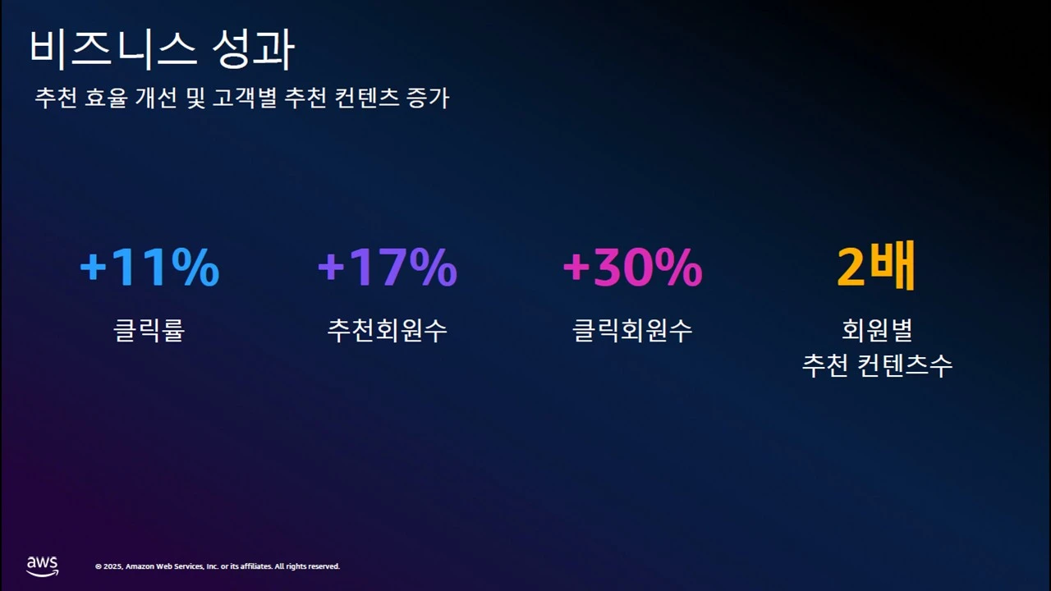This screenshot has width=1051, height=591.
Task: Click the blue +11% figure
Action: click(149, 268)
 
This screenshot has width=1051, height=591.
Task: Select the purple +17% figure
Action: click(387, 268)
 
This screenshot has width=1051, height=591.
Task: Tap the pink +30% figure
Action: click(632, 268)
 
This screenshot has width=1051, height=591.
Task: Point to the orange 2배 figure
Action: click(876, 268)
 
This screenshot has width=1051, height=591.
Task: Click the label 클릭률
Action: click(149, 330)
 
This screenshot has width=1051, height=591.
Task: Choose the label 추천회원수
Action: click(387, 330)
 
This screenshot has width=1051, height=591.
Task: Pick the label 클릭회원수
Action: click(632, 330)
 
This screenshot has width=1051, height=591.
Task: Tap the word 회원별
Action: click(877, 330)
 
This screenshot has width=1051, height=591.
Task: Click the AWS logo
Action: click(42, 566)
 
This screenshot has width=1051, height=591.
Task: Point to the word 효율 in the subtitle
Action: click(110, 98)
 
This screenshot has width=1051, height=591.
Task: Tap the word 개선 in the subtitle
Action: click(164, 98)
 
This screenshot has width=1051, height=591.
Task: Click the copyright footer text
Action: click(218, 566)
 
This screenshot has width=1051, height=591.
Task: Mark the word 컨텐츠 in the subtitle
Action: click(367, 98)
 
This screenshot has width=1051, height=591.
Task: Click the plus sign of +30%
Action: click(576, 269)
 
